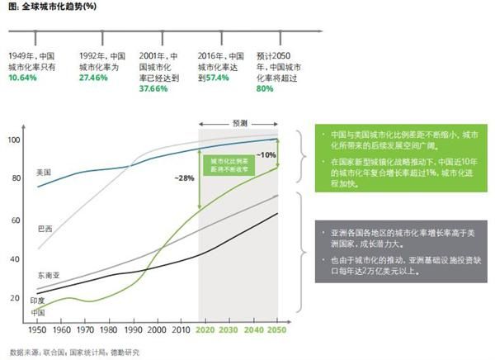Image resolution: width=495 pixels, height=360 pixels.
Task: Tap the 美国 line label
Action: pyautogui.click(x=44, y=173)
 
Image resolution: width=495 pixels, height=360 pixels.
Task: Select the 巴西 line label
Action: pyautogui.click(x=45, y=226)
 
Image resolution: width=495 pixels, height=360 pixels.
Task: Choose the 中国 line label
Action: pyautogui.click(x=37, y=312)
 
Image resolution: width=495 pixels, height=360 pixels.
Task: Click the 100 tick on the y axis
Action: pyautogui.click(x=14, y=140)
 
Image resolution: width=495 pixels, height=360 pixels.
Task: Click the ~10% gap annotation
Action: pyautogui.click(x=266, y=155)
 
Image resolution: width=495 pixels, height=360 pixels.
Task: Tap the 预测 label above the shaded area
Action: pyautogui.click(x=239, y=122)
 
